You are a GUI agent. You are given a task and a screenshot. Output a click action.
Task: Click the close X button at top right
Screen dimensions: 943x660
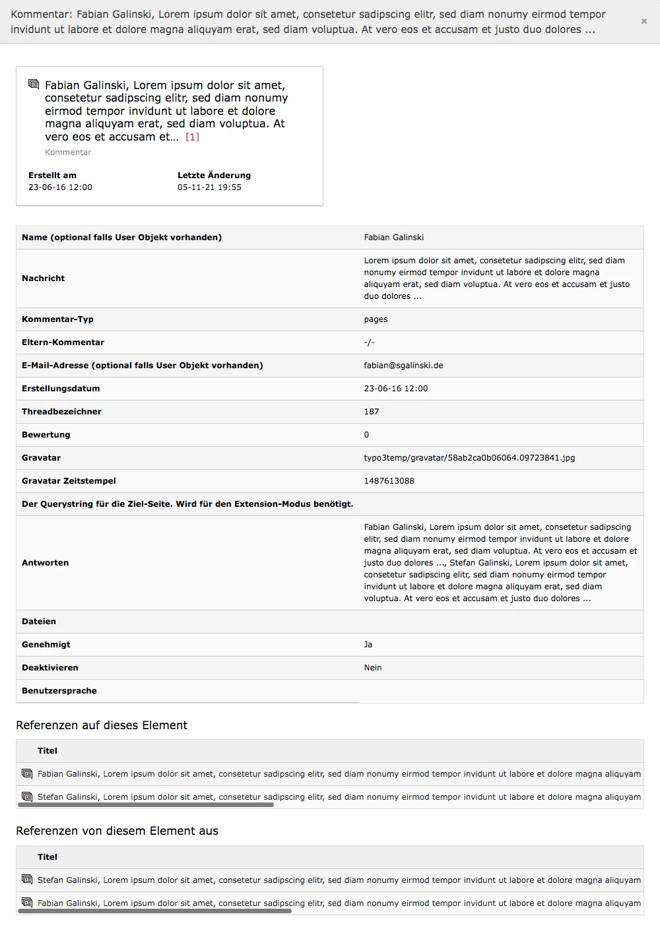tap(643, 21)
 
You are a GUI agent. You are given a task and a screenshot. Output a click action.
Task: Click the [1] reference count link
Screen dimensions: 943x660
tap(192, 137)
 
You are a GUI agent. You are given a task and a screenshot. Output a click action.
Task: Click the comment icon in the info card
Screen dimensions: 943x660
tap(34, 84)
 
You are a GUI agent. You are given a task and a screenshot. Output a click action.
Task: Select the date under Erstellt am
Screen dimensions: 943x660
tap(60, 187)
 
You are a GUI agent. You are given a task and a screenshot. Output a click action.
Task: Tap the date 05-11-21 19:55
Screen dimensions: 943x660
tap(209, 187)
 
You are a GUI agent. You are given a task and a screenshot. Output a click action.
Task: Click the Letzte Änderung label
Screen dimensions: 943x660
tap(214, 176)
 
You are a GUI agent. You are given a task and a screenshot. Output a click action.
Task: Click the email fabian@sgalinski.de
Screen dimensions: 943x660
tap(403, 366)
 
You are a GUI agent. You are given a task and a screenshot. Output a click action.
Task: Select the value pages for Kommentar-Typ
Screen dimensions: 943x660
tap(376, 319)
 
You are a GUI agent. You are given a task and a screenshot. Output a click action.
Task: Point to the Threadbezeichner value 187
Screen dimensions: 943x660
tap(372, 412)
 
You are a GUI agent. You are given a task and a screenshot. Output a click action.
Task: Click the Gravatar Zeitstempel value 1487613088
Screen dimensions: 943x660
tap(389, 481)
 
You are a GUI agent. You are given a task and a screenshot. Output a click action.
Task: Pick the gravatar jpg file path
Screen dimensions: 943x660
tap(469, 458)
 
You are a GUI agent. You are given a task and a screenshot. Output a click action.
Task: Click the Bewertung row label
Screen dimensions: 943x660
tap(46, 435)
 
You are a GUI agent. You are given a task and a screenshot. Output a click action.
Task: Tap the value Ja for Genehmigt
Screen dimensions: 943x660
tap(368, 645)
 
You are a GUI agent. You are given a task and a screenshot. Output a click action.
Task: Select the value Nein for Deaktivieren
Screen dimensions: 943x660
tap(373, 668)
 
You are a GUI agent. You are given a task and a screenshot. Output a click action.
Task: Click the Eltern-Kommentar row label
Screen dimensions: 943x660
tap(63, 342)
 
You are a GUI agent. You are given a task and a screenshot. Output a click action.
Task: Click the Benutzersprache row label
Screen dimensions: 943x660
tap(59, 691)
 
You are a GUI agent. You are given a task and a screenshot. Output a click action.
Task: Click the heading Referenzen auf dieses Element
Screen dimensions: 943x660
tap(102, 725)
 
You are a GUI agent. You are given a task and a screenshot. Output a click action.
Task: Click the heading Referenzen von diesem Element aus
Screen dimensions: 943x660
tap(117, 831)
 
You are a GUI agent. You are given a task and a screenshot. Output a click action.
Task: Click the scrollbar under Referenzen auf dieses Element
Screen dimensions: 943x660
tap(145, 805)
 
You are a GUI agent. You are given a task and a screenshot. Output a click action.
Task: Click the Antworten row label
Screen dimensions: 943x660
tap(45, 563)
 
